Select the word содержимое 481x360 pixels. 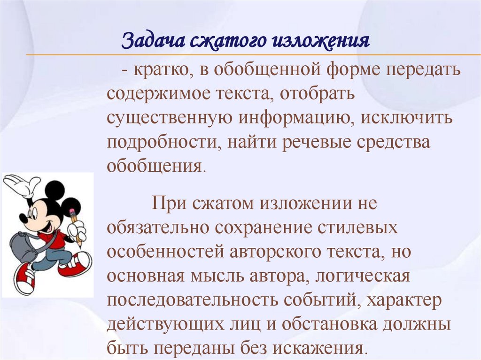pyautogui.click(x=158, y=94)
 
